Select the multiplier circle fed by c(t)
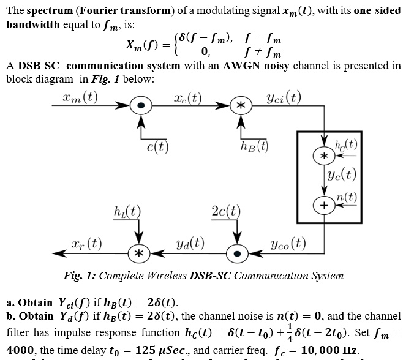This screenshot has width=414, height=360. pyautogui.click(x=142, y=106)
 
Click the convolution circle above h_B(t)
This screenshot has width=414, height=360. pyautogui.click(x=241, y=106)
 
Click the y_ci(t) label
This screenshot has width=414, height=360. pyautogui.click(x=284, y=97)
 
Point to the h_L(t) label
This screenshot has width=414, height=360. pyautogui.click(x=128, y=212)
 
